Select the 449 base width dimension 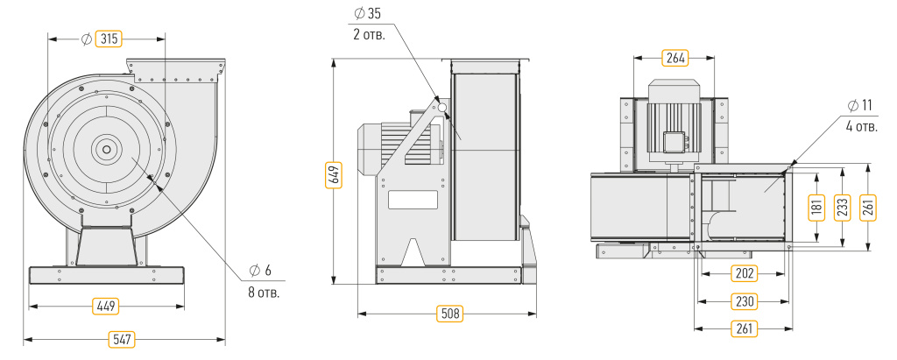pyautogui.click(x=106, y=307)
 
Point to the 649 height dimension pyautogui.click(x=335, y=173)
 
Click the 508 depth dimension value pyautogui.click(x=449, y=314)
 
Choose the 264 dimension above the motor pyautogui.click(x=675, y=57)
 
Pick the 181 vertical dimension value pyautogui.click(x=817, y=208)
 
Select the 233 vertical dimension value pyautogui.click(x=843, y=208)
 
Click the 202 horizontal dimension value pyautogui.click(x=745, y=273)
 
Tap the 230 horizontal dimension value pyautogui.click(x=745, y=301)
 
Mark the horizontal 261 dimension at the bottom pyautogui.click(x=745, y=328)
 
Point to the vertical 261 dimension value pyautogui.click(x=868, y=208)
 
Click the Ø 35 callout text pyautogui.click(x=367, y=14)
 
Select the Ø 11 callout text pyautogui.click(x=861, y=105)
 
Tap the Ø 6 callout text pyautogui.click(x=260, y=270)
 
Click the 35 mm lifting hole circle pyautogui.click(x=441, y=107)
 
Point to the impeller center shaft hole pyautogui.click(x=107, y=150)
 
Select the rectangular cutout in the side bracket pyautogui.click(x=413, y=199)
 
